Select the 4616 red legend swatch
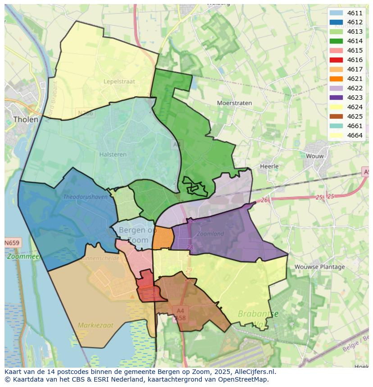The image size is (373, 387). pyautogui.click(x=336, y=60)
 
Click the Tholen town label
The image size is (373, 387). pyautogui.click(x=26, y=120)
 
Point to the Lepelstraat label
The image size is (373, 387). pyautogui.click(x=120, y=82)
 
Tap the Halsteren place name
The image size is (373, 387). pyautogui.click(x=113, y=154)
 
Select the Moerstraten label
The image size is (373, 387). pyautogui.click(x=234, y=103)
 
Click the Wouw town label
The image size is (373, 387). pyautogui.click(x=314, y=156)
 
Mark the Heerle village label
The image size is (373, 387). pyautogui.click(x=269, y=166)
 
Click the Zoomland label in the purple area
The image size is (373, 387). pyautogui.click(x=210, y=234)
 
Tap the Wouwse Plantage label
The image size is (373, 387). pyautogui.click(x=319, y=267)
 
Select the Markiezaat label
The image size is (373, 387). pyautogui.click(x=96, y=325)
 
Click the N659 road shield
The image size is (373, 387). pyautogui.click(x=12, y=243)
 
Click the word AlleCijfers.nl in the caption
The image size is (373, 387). pyautogui.click(x=255, y=372)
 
